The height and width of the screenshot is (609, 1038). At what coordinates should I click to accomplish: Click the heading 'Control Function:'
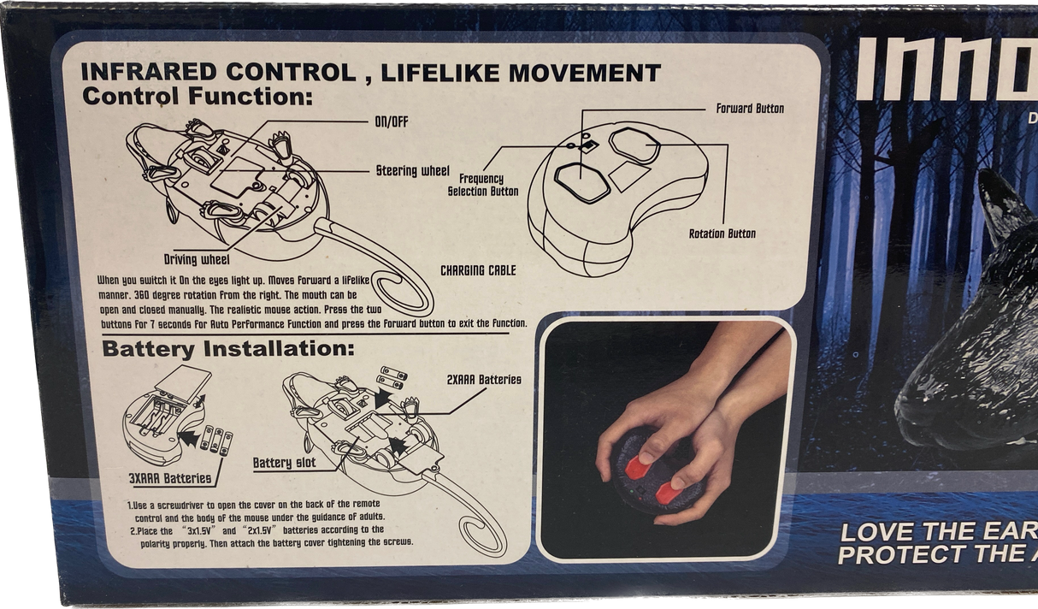coord(197,96)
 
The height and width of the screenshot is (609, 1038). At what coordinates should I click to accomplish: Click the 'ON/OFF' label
coord(392,121)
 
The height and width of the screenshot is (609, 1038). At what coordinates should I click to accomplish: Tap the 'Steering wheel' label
coord(413,171)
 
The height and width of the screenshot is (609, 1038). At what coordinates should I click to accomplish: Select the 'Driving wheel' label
coord(197,258)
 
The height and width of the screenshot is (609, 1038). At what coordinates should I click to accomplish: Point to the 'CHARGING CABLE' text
coord(478,270)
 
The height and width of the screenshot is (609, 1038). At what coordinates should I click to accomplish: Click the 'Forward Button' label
coord(749,109)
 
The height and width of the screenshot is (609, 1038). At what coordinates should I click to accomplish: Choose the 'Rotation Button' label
coord(722,234)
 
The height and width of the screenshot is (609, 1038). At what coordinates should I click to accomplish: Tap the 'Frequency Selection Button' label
coord(483,185)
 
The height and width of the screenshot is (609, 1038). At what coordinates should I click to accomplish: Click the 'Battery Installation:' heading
coord(227,348)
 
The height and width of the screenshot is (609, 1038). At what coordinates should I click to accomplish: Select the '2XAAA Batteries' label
coord(483,380)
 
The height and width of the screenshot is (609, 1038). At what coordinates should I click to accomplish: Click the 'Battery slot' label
coord(284,463)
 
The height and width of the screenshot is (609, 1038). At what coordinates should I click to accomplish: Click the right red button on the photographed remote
coord(669,494)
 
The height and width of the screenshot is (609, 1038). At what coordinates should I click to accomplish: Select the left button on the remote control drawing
coord(582,182)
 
